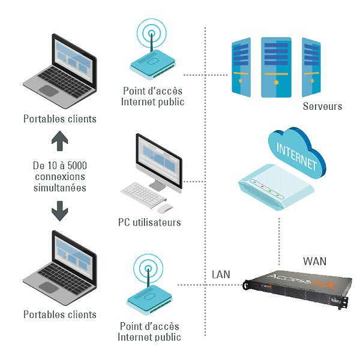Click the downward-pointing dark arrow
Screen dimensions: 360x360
tap(59, 211)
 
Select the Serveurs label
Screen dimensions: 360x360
tap(322, 106)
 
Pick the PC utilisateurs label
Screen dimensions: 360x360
tap(149, 223)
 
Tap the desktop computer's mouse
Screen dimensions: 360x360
tap(166, 208)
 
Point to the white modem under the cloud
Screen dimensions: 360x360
tap(276, 185)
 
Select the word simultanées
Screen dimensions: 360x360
tap(59, 188)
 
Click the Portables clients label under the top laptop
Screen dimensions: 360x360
tap(59, 119)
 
